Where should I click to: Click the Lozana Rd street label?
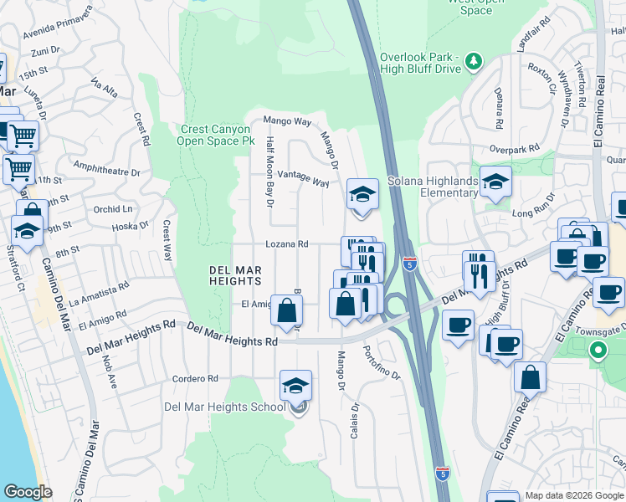pos(287,244)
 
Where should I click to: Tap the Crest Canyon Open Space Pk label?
pos(214,136)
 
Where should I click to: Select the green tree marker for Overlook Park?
pos(474,60)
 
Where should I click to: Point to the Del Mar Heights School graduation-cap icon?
pos(296,387)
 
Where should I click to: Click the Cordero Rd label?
pos(195,379)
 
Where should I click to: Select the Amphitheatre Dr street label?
pos(106,170)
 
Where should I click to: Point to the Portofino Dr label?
pos(382,364)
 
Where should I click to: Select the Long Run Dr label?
pos(534,214)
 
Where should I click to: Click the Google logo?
pos(28,492)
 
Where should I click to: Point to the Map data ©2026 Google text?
pos(575,495)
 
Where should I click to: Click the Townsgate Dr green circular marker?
pos(597,350)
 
